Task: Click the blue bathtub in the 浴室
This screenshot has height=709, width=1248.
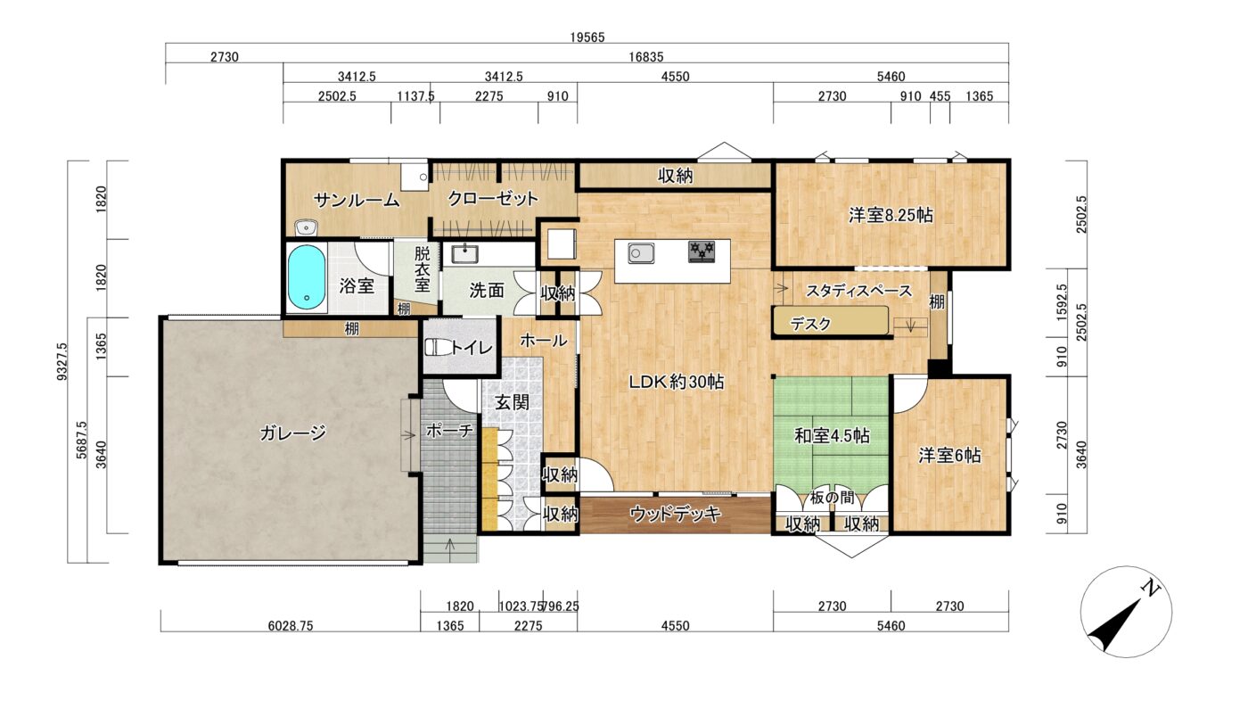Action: click(306, 277)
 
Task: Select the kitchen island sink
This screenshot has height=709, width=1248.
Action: click(641, 253)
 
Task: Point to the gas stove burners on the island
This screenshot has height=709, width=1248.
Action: click(702, 251)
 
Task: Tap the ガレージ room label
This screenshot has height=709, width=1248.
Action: click(292, 433)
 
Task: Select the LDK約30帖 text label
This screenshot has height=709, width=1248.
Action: click(676, 382)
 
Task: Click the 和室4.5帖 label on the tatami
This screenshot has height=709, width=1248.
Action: click(831, 435)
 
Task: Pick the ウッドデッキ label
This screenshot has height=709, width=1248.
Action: click(676, 514)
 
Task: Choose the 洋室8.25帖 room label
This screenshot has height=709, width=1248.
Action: click(891, 215)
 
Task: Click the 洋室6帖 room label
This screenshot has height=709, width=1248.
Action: click(949, 456)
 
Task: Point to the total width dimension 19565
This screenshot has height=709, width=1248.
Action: click(587, 37)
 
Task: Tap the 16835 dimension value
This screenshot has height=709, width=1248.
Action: click(645, 56)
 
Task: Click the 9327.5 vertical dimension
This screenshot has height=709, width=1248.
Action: click(62, 361)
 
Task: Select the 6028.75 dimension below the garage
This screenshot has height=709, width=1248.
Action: click(291, 625)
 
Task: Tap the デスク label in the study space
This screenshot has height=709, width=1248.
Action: click(810, 323)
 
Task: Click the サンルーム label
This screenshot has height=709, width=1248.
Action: click(357, 200)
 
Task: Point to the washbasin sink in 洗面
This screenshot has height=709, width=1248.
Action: click(464, 254)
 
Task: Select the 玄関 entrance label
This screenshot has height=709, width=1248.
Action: click(512, 402)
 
